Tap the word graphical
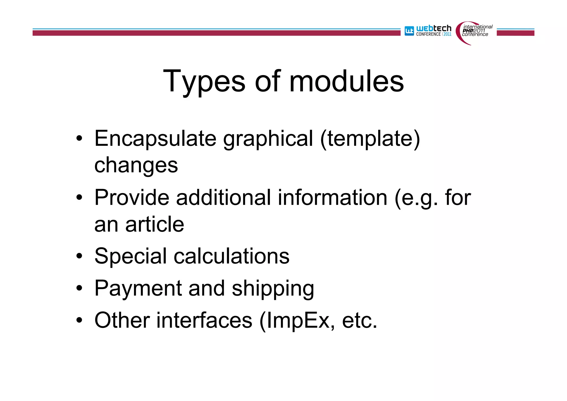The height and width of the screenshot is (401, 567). [x=268, y=139]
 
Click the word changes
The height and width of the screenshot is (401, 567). [x=136, y=165]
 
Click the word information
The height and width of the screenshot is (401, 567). [x=333, y=198]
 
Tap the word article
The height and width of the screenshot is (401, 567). [x=154, y=224]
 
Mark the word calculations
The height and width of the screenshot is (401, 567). [x=231, y=256]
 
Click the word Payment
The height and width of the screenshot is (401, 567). [x=138, y=289]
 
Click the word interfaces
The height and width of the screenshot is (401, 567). [x=204, y=320]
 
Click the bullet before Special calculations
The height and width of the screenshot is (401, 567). [x=79, y=256]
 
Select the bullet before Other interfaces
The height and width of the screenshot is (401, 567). [x=79, y=321]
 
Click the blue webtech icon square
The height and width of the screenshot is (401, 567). [x=409, y=31]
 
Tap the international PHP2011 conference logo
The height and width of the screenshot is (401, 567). [x=474, y=32]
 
